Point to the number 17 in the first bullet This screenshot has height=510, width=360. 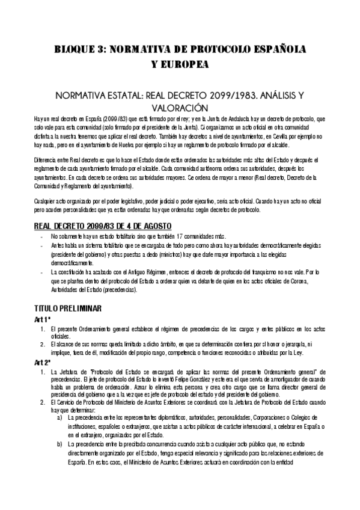[x=185, y=236]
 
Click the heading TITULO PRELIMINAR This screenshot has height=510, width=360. [x=72, y=309]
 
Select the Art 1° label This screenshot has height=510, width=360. [x=43, y=319]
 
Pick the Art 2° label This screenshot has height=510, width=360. [x=43, y=364]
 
